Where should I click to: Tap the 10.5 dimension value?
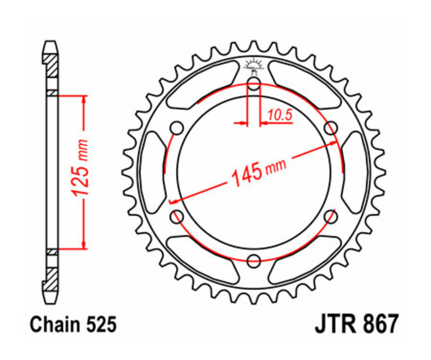coord(280,114)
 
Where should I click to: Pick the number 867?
coord(378,325)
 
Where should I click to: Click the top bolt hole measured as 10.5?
coord(254,86)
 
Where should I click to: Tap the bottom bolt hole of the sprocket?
coord(254,260)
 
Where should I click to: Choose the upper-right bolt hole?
coord(330,128)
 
